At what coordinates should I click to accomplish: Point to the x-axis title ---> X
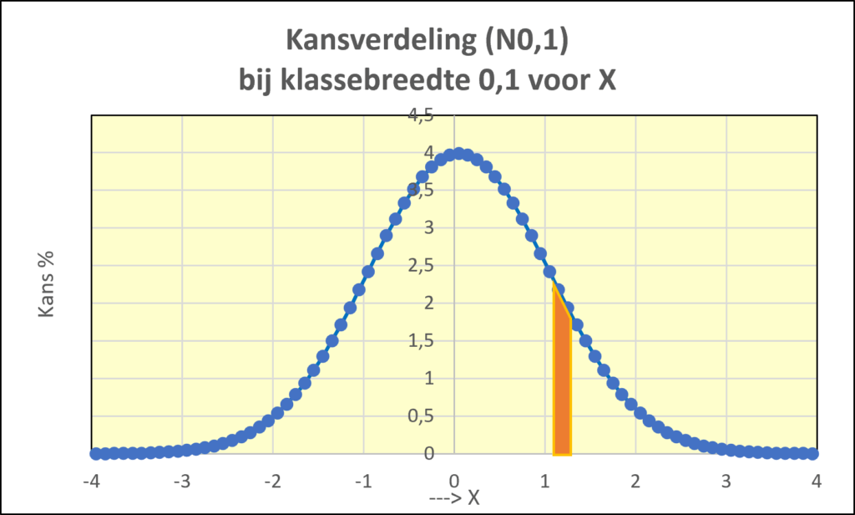coord(454,497)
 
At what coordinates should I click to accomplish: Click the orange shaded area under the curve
coord(562,385)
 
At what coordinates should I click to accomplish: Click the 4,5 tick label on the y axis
coord(420,115)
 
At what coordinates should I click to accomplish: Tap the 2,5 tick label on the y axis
coord(420,266)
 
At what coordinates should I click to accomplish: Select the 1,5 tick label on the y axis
coord(420,341)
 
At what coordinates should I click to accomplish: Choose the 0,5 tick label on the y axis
coord(420,416)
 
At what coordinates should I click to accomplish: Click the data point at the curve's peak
coord(458,154)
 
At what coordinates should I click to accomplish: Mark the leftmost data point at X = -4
coord(95,453)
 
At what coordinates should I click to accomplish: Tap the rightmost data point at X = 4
coord(812,453)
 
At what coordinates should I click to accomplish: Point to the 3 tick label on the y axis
coord(427,228)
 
